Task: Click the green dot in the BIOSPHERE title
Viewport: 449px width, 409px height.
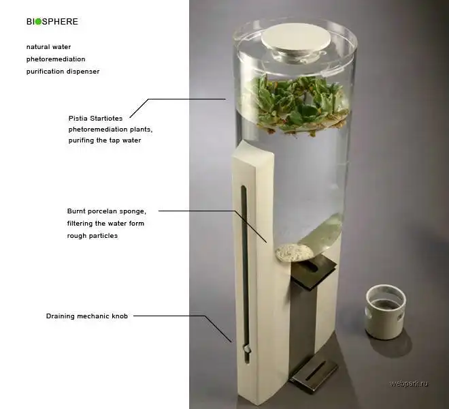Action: pos(38,22)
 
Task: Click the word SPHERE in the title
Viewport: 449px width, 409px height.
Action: pos(60,22)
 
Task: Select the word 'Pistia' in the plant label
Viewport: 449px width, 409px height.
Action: pos(78,118)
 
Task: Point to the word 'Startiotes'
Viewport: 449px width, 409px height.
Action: pos(106,118)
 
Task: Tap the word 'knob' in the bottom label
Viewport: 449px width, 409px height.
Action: pos(120,316)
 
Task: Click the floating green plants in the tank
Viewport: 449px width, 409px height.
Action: pos(298,105)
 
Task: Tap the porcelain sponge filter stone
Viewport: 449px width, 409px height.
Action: pos(295,253)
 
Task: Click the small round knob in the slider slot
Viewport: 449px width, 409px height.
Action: pos(246,349)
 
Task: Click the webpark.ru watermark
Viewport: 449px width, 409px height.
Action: pos(409,384)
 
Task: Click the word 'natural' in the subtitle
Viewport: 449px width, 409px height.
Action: pos(37,47)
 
